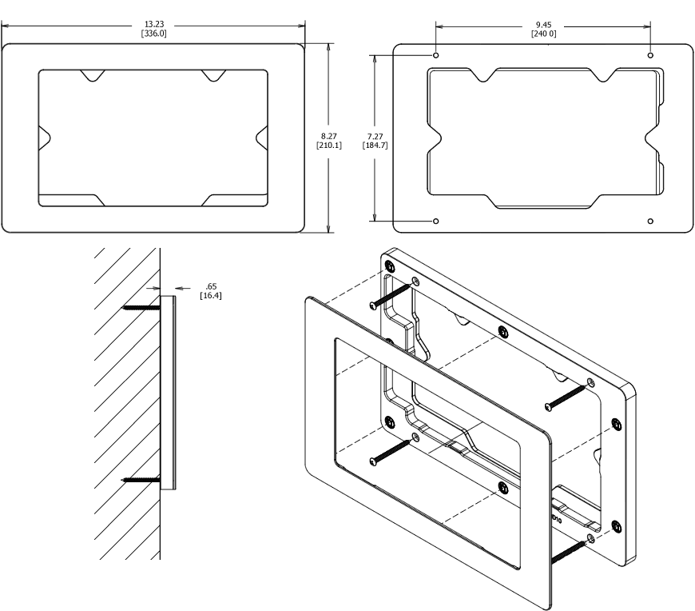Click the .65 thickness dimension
(x=211, y=286)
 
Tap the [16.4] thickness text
(x=211, y=295)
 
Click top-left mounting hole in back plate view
(x=435, y=55)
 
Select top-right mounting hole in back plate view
(x=650, y=55)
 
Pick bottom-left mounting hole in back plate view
(x=435, y=220)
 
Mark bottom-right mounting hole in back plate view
(x=650, y=220)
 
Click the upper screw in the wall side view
(x=141, y=307)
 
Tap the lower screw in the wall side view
(x=141, y=480)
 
